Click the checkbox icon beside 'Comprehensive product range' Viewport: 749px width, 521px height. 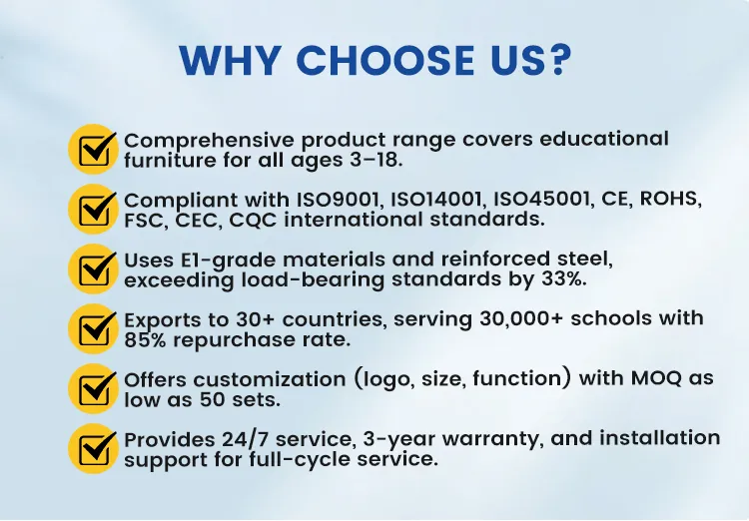pos(93,150)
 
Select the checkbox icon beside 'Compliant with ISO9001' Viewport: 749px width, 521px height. pos(93,210)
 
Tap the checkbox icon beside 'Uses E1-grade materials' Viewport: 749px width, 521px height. pos(93,269)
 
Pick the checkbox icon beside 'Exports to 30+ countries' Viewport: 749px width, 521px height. pos(93,329)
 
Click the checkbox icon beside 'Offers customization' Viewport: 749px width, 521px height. pos(93,389)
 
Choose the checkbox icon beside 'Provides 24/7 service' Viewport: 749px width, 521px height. pos(93,449)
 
